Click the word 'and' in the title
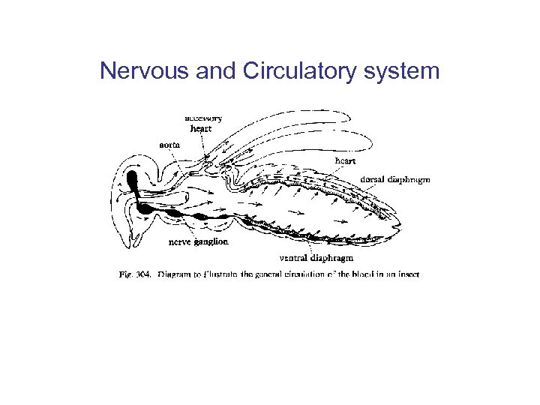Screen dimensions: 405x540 [x=215, y=71]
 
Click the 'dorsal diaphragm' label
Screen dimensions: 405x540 [x=395, y=179]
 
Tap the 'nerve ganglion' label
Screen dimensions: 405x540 [x=198, y=241]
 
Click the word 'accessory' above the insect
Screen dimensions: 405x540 [x=202, y=118]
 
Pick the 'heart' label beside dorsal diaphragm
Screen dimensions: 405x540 [x=345, y=160]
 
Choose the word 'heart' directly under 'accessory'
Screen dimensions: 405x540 [x=201, y=128]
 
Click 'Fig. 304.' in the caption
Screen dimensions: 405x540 [x=134, y=274]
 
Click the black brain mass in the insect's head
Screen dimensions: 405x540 [x=133, y=180]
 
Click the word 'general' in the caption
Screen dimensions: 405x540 [x=256, y=274]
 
